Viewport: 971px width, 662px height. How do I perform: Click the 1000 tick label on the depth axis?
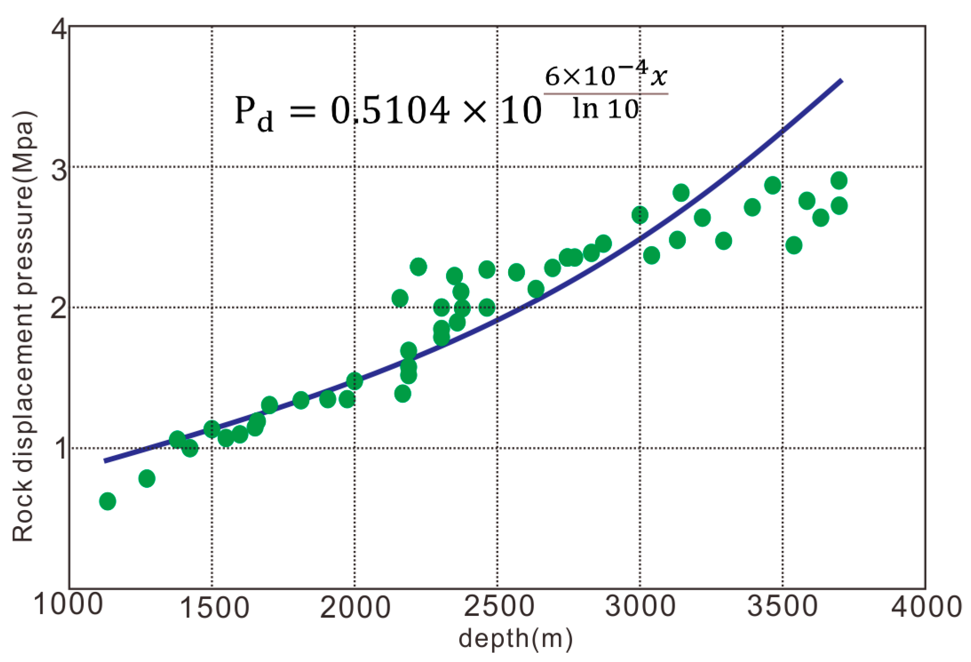68,604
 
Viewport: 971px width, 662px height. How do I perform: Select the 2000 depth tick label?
355,607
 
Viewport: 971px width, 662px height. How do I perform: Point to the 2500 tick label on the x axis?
499,606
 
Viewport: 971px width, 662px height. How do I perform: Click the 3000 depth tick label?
641,606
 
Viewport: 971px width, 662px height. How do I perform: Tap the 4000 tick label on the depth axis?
927,607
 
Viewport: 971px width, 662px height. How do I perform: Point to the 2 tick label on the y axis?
59,309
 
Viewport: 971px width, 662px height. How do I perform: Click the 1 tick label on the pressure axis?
61,449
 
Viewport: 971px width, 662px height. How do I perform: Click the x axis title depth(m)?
516,638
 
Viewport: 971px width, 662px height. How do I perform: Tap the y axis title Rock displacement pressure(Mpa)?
23,326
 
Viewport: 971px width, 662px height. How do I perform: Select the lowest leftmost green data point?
107,501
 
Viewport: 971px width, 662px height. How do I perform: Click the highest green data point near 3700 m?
839,181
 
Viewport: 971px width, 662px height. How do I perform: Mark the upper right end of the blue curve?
841,81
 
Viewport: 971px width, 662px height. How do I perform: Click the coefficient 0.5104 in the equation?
390,111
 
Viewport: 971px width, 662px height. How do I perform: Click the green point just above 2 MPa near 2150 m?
400,298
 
